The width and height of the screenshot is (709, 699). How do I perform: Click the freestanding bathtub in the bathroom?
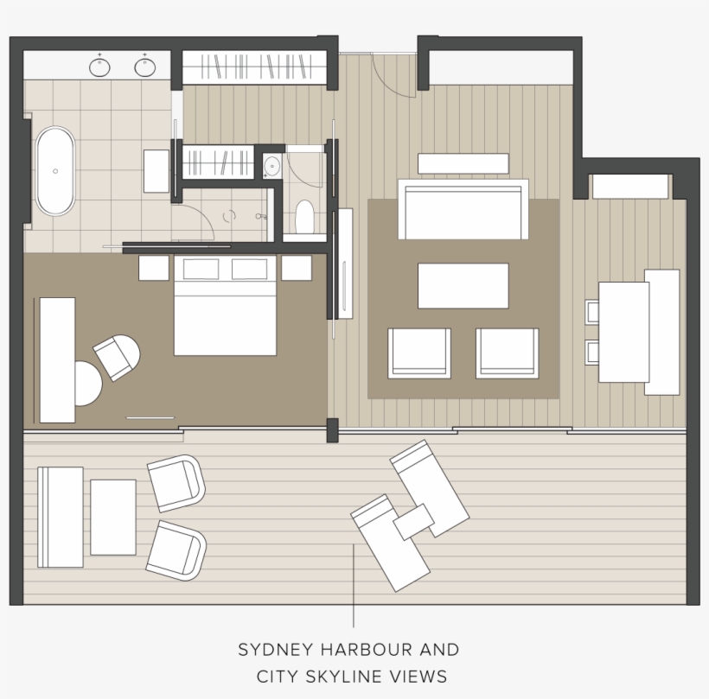tap(55, 171)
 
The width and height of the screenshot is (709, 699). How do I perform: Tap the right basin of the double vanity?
tap(144, 67)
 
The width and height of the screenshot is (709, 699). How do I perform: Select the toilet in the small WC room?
tap(304, 218)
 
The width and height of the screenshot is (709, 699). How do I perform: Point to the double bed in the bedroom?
tap(225, 307)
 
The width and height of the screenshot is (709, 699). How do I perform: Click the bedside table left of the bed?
tap(154, 268)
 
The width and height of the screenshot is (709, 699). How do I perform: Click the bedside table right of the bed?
tap(297, 268)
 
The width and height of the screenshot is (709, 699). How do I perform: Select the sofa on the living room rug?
tap(463, 209)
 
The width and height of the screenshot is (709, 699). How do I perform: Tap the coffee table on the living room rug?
tap(463, 286)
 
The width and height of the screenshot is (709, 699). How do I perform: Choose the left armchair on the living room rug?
tap(419, 353)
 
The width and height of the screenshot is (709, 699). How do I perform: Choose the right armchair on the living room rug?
tap(507, 353)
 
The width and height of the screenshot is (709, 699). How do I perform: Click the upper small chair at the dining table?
tap(593, 311)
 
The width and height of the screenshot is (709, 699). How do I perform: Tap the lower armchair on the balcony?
tap(176, 550)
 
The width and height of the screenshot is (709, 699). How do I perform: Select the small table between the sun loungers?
tap(413, 521)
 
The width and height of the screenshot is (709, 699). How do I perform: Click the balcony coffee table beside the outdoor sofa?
tap(113, 517)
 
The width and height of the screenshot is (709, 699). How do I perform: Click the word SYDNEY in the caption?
tap(273, 650)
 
